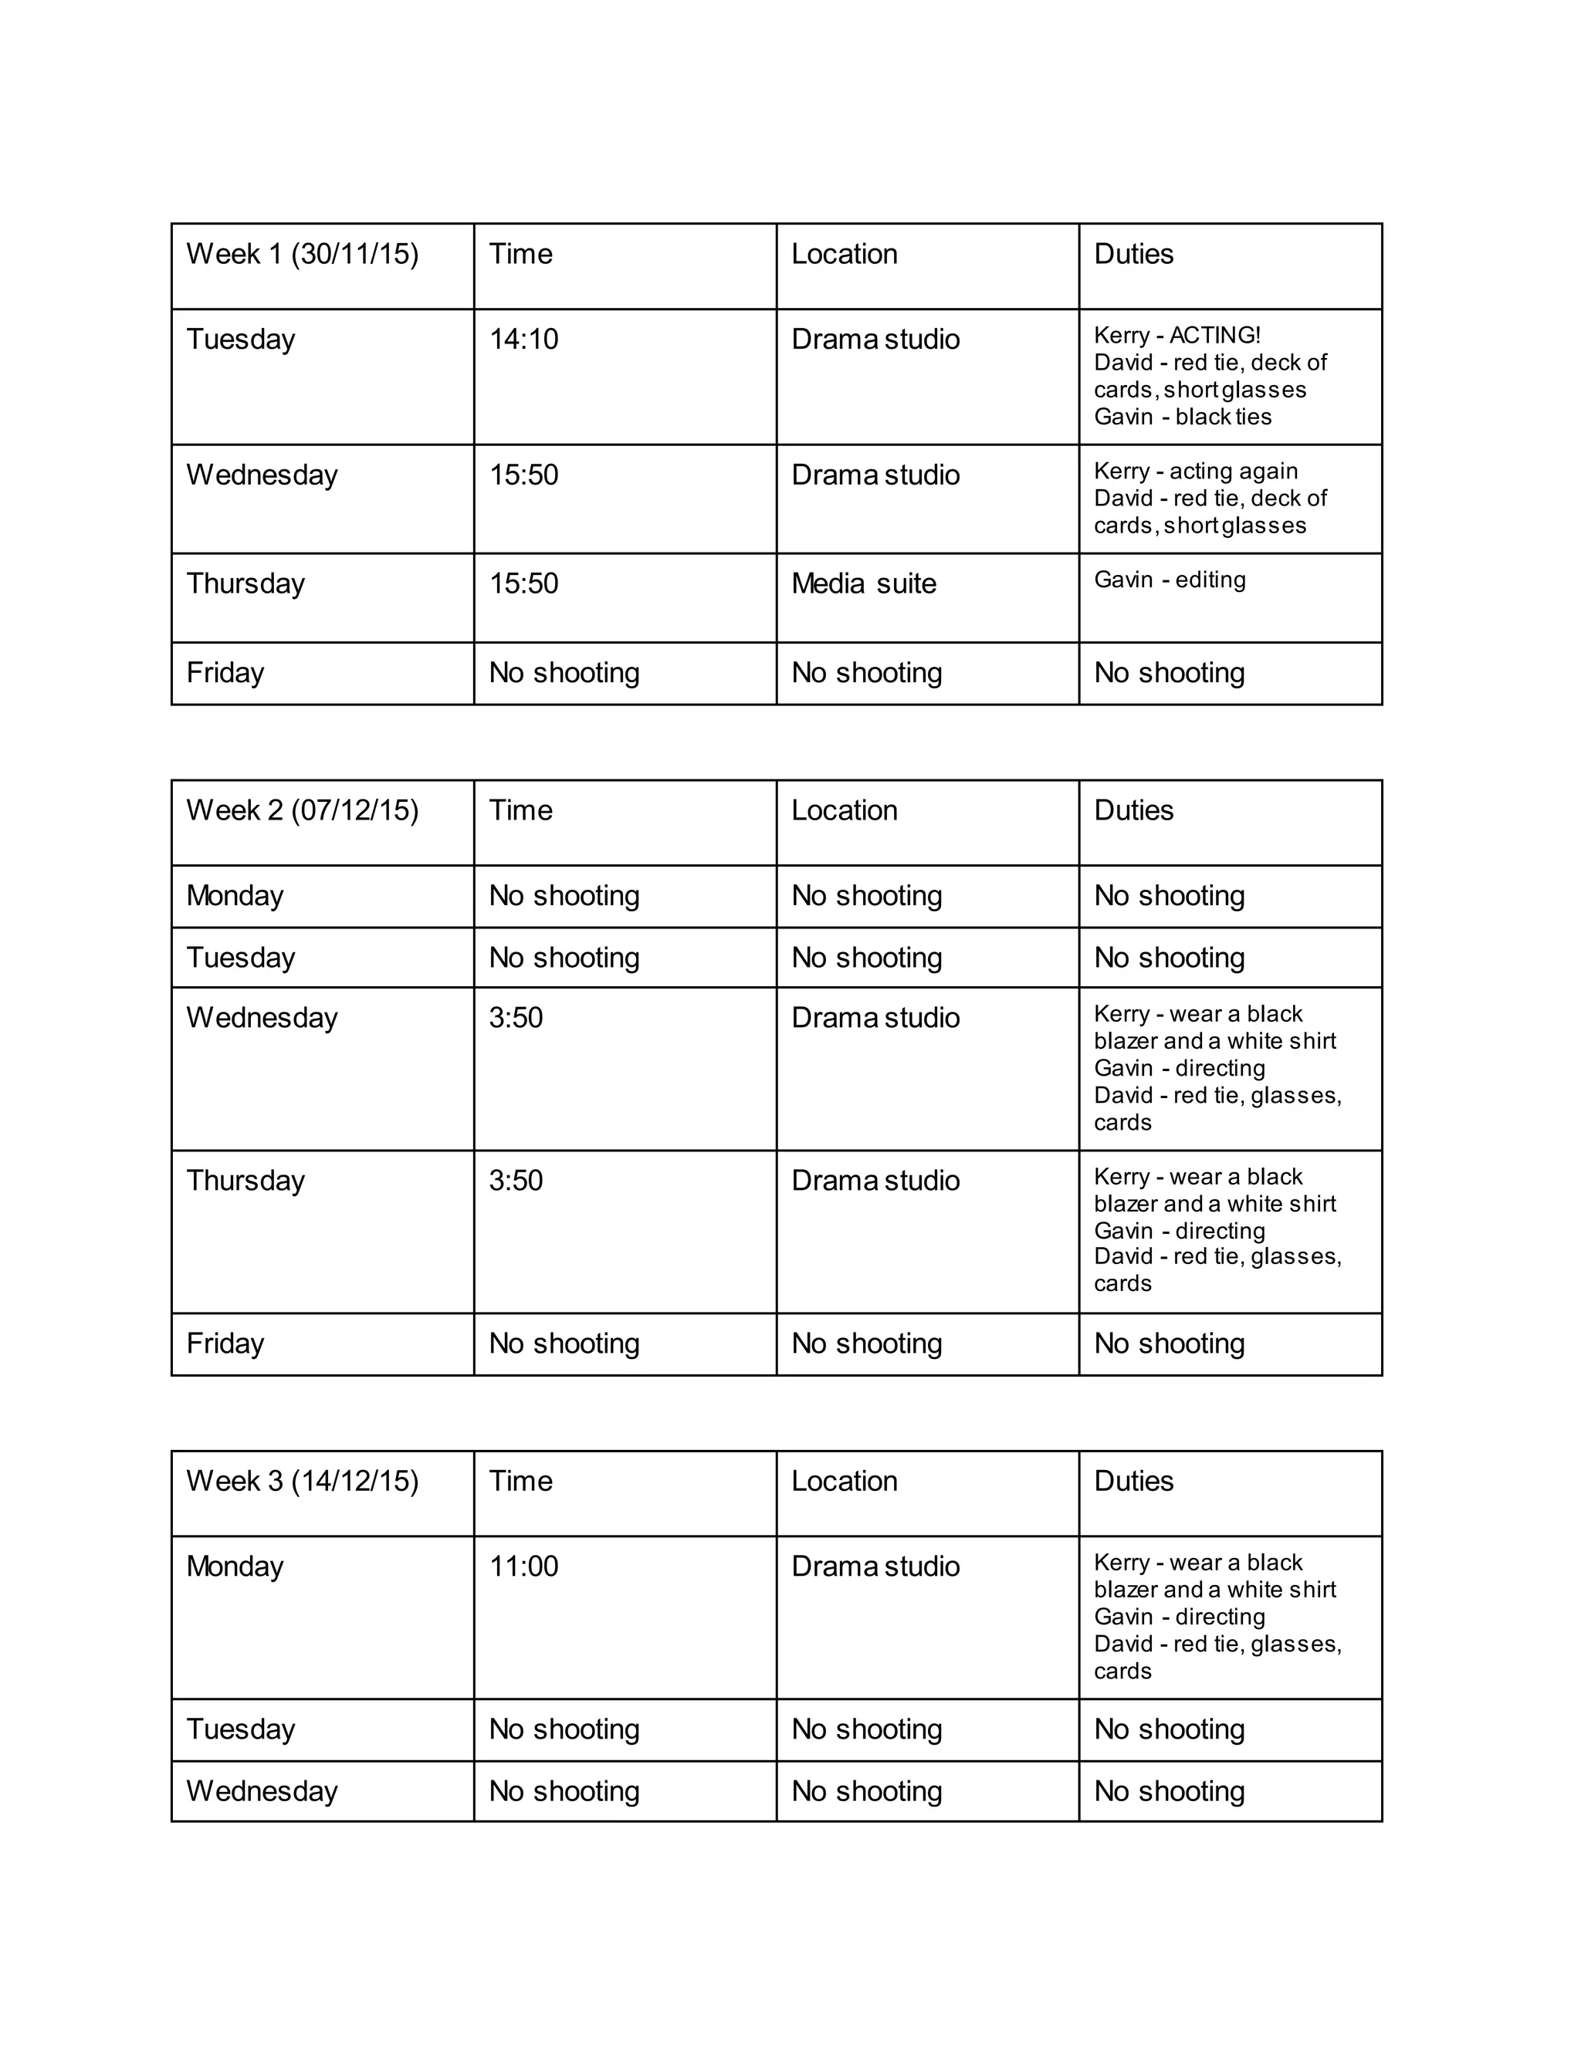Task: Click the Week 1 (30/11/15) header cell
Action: point(302,254)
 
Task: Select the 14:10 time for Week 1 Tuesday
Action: point(523,339)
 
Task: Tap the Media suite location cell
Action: point(864,583)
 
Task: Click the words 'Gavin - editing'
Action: point(1170,580)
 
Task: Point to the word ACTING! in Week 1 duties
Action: point(1215,335)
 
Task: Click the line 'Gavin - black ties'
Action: point(1183,417)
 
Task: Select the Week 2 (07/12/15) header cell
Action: point(302,810)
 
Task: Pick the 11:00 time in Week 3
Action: point(523,1566)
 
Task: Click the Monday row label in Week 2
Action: point(235,895)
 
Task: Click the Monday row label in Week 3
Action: point(235,1566)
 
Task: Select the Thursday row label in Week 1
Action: point(245,583)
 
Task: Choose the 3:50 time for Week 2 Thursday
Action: point(516,1180)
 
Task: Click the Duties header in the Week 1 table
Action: point(1133,254)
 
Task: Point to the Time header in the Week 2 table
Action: point(521,810)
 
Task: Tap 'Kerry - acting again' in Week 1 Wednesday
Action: point(1196,471)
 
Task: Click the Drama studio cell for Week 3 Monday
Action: point(875,1566)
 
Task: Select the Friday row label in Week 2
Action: point(225,1343)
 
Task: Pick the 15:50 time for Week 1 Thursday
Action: point(523,583)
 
